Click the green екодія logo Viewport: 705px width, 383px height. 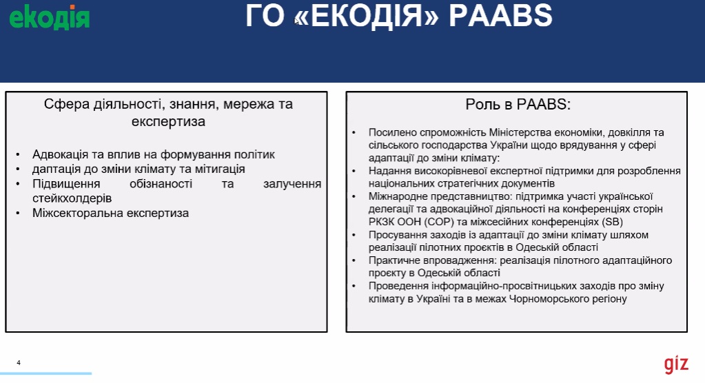click(50, 17)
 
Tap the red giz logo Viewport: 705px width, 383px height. click(676, 364)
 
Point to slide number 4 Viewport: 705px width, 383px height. click(19, 363)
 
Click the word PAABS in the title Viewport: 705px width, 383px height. click(500, 16)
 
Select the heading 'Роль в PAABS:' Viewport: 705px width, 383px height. click(518, 104)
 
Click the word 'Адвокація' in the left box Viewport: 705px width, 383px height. click(60, 154)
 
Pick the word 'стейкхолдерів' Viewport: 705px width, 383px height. click(72, 198)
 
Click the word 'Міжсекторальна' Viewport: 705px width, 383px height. click(78, 213)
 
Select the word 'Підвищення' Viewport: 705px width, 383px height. click(66, 184)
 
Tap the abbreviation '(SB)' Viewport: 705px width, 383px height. click(612, 222)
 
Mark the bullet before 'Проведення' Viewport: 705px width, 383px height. click(354, 286)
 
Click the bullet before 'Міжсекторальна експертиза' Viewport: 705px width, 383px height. click(18, 213)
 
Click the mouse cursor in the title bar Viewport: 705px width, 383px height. click(297, 20)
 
